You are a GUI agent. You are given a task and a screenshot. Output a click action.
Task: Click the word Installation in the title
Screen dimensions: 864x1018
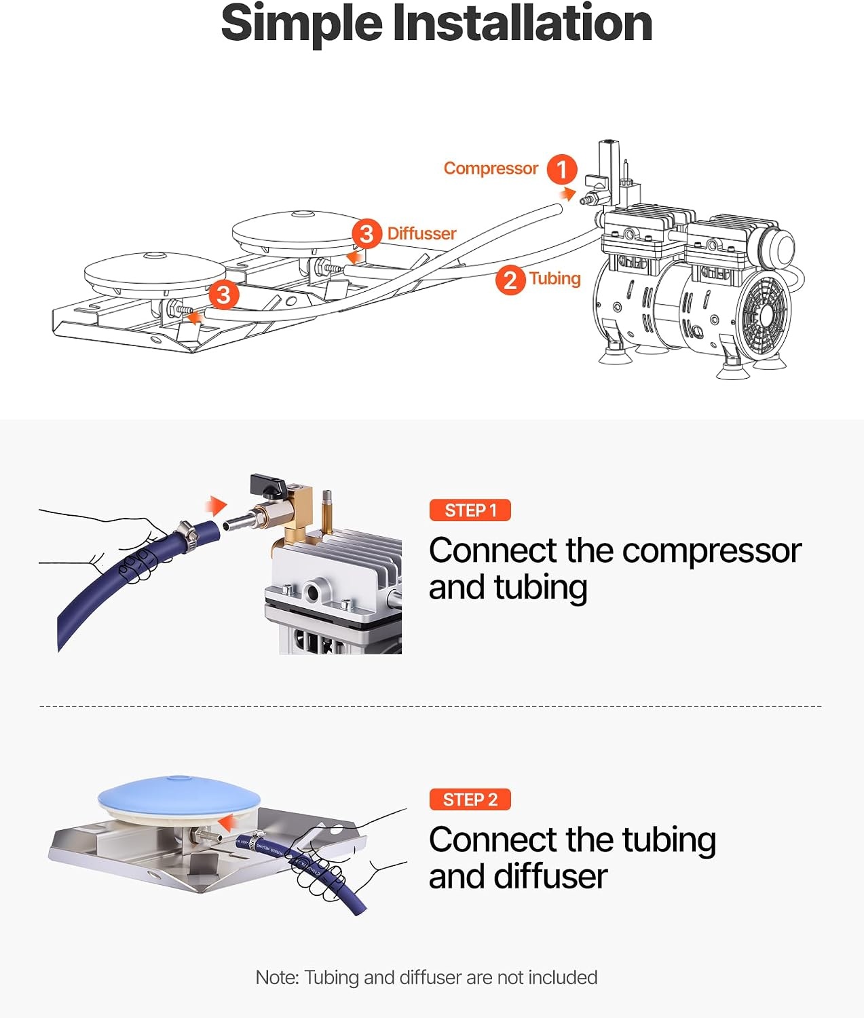522,23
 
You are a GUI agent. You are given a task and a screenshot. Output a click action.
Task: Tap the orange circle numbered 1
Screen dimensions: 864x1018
561,169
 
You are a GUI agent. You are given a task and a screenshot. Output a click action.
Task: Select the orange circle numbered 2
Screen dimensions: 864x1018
510,280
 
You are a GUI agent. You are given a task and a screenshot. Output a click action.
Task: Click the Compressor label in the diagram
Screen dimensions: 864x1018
491,168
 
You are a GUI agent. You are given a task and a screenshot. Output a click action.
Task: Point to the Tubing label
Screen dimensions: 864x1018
555,279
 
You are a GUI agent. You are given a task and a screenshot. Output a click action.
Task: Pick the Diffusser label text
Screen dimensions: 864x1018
421,233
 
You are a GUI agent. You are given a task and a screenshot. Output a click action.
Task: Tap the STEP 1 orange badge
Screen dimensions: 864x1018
470,510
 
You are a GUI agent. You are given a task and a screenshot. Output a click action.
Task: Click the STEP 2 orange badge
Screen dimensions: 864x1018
470,799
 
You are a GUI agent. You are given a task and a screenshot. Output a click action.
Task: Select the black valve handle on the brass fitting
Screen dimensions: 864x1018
267,485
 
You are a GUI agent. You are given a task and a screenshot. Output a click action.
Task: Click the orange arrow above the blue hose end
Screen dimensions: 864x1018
216,506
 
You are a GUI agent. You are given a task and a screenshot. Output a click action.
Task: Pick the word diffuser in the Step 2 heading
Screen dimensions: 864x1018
550,877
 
